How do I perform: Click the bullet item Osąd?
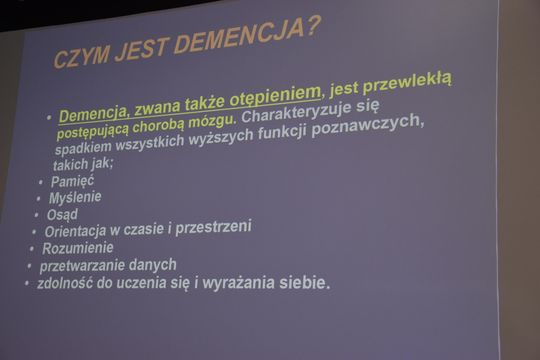(62, 214)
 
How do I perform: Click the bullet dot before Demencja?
(49, 118)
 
